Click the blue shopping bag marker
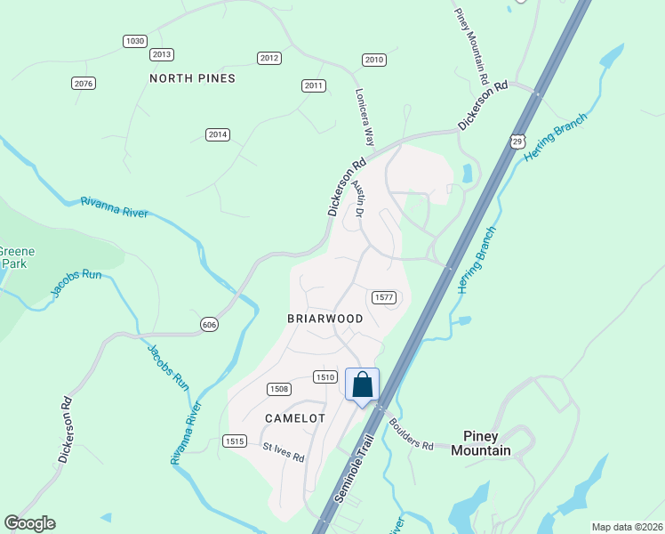tap(362, 386)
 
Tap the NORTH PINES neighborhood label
tap(192, 78)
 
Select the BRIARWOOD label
tap(324, 318)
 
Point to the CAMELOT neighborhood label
tap(295, 417)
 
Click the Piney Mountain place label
tap(481, 443)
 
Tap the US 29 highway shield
tap(518, 141)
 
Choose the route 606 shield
tap(209, 324)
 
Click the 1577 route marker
tap(384, 297)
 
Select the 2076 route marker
tap(83, 83)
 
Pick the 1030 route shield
tap(134, 41)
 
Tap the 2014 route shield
tap(218, 134)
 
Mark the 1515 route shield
tap(234, 441)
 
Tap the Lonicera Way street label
tap(365, 117)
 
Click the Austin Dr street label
tap(358, 198)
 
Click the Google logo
tap(29, 523)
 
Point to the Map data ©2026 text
tap(627, 526)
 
